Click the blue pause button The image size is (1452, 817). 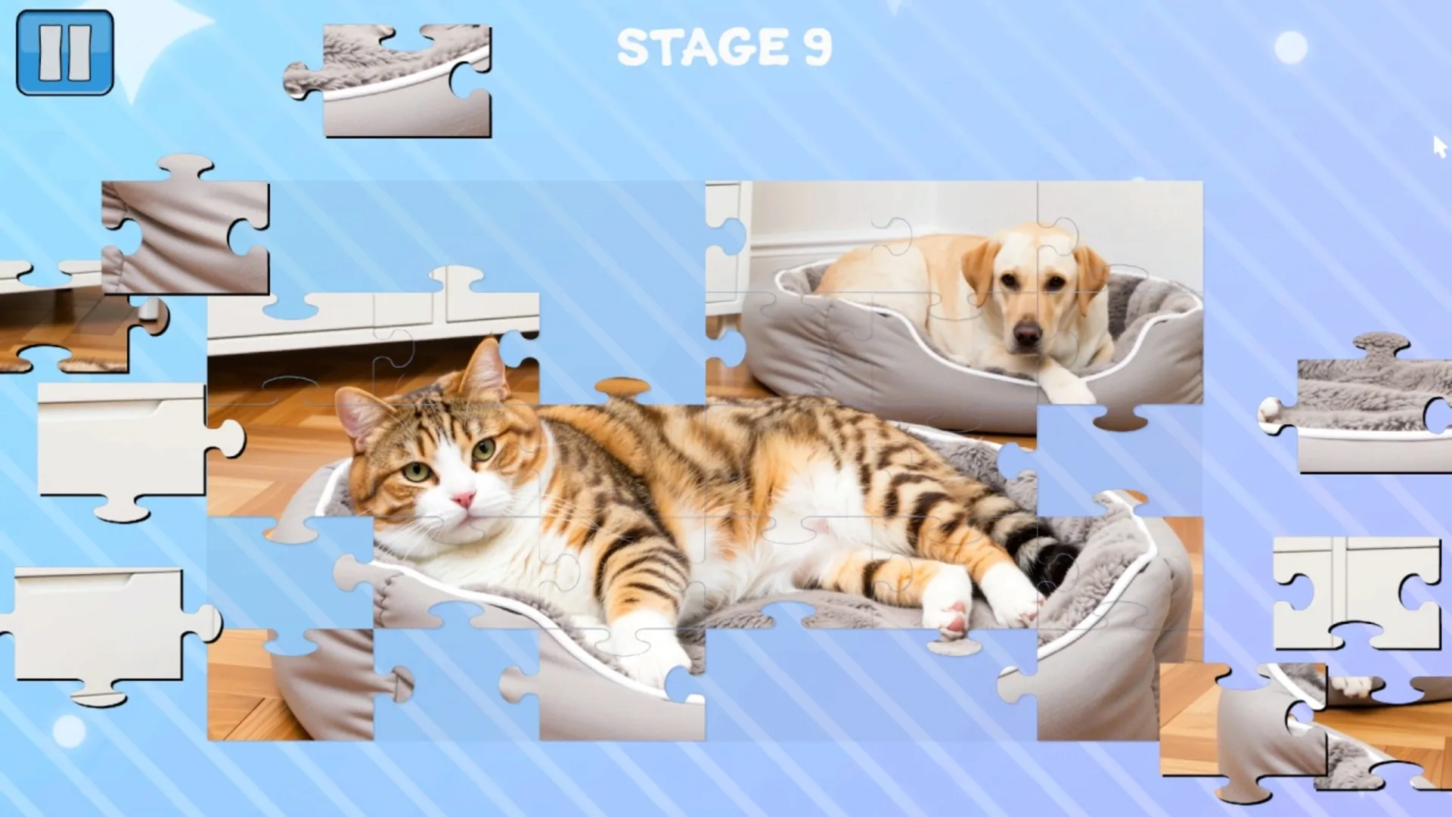65,52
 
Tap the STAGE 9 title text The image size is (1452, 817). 724,48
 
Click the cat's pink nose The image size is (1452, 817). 463,499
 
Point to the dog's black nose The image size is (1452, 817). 1026,333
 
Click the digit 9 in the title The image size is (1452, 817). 818,48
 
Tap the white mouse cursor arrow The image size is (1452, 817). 1438,146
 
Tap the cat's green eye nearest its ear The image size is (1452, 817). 482,451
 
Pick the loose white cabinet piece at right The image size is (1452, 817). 1357,590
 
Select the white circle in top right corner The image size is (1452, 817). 1290,48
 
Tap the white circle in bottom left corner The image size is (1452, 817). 69,731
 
